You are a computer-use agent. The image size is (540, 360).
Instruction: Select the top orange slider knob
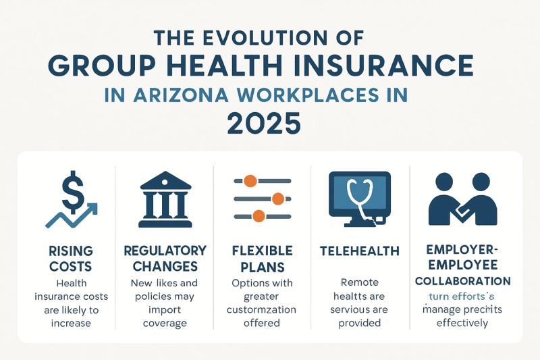pyautogui.click(x=250, y=181)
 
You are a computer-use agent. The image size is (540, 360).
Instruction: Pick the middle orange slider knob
pyautogui.click(x=276, y=199)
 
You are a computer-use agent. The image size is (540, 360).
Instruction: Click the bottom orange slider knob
pyautogui.click(x=257, y=216)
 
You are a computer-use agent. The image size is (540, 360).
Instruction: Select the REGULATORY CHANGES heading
pyautogui.click(x=165, y=258)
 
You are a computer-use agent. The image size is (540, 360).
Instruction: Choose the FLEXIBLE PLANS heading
pyautogui.click(x=262, y=258)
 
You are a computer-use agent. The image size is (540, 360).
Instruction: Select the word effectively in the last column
pyautogui.click(x=462, y=323)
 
